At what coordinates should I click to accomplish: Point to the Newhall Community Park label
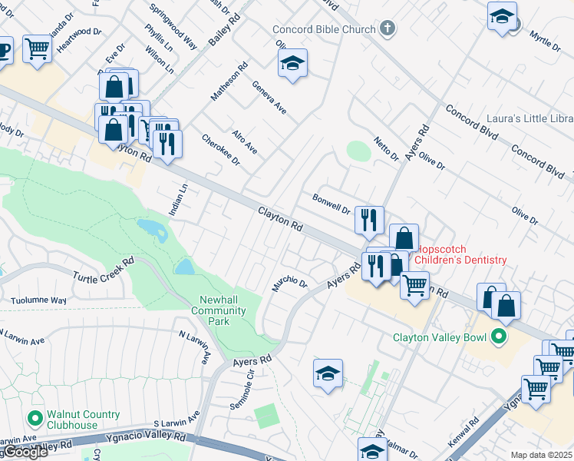tap(223, 310)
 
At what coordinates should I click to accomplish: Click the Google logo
tap(25, 452)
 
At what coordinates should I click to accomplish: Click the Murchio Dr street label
tap(289, 284)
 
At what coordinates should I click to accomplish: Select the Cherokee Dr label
tap(221, 150)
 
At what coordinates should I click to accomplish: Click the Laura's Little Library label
tap(529, 119)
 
